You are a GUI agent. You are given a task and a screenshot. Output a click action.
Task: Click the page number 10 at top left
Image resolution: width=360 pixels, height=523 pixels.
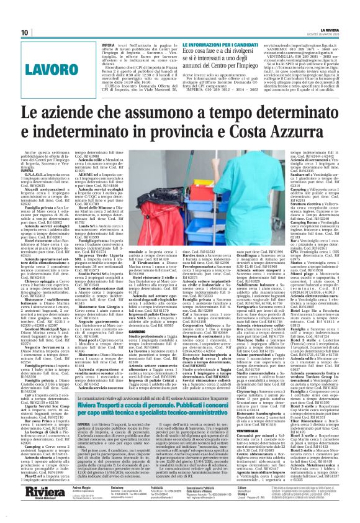coord(25,33)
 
